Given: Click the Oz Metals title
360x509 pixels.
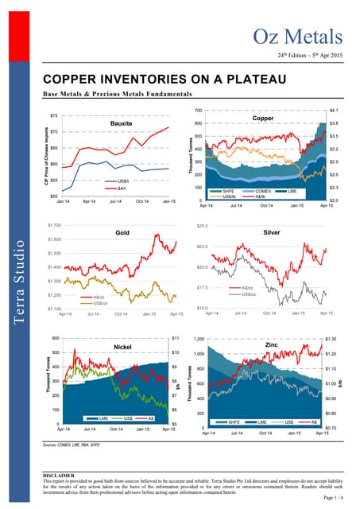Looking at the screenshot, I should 298,36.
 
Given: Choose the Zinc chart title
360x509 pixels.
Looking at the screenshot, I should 271,345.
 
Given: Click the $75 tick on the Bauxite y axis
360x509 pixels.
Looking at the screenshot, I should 52,115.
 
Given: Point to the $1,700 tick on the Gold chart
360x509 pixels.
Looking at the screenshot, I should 55,225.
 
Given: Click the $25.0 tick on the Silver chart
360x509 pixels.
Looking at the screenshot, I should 201,225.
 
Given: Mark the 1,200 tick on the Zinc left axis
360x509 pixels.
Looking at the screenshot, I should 199,338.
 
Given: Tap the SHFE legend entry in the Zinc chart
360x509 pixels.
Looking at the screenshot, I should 232,422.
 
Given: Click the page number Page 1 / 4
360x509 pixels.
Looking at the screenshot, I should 335,498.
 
